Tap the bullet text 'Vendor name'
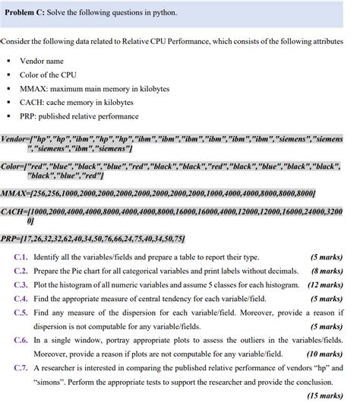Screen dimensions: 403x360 tap(42, 61)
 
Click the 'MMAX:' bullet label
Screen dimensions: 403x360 tap(33, 88)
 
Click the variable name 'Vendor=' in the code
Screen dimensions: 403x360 tap(16, 140)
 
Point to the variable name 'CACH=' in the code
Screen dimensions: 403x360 tap(14, 211)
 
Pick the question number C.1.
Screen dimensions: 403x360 tap(21, 256)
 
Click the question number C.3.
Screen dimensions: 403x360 tap(21, 284)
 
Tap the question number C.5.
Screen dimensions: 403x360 tap(21, 312)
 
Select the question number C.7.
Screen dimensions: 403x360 tap(21, 367)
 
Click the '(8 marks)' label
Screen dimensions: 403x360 tap(327, 270)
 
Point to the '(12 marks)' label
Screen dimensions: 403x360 tap(326, 284)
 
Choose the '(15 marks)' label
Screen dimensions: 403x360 tap(326, 395)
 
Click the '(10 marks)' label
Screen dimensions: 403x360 tap(326, 354)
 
